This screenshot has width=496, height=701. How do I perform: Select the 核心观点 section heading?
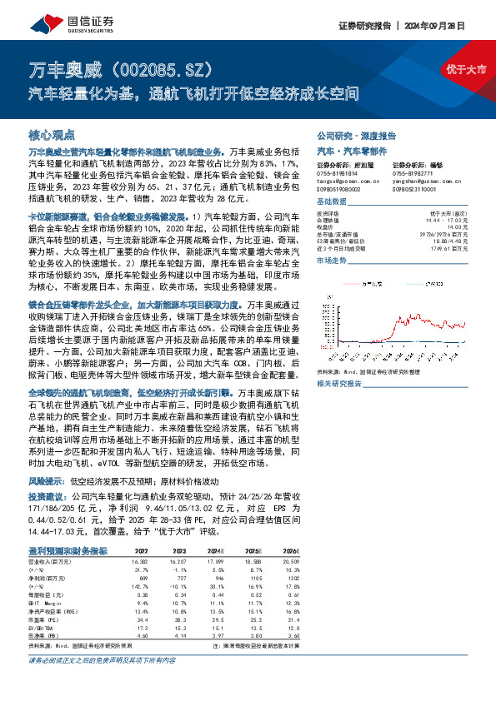(x=52, y=134)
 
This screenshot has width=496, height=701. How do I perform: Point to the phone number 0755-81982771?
(x=416, y=172)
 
